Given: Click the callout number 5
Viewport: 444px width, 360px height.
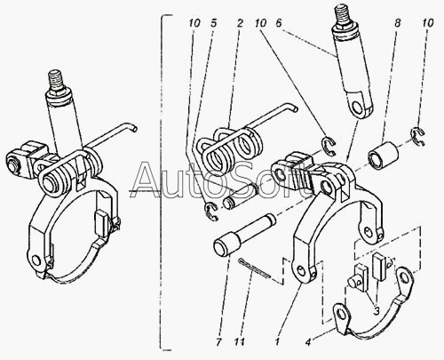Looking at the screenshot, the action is (214, 23).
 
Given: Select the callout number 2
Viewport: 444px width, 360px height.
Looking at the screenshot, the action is (240, 23).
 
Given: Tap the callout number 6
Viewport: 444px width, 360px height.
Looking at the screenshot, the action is (279, 23).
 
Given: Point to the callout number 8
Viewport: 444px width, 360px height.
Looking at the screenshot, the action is (397, 23).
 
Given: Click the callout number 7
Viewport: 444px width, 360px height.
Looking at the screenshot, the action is (218, 342).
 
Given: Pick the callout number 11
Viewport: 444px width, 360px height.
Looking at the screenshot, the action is (239, 342).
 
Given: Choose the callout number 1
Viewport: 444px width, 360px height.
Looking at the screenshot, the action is (277, 342).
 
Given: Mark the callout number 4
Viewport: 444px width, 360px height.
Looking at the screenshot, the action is (308, 342).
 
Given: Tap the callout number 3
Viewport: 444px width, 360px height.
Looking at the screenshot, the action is (377, 311).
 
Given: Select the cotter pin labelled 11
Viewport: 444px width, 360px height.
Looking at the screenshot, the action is (254, 268).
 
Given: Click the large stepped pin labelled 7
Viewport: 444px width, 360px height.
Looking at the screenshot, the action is (244, 236).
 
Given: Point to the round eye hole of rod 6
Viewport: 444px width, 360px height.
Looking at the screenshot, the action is (358, 108).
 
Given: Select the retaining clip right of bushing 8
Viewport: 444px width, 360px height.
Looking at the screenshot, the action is (419, 136).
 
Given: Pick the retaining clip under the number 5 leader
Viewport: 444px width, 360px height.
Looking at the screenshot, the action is (211, 211).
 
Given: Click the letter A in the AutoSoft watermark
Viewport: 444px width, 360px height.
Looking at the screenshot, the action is (147, 180).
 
